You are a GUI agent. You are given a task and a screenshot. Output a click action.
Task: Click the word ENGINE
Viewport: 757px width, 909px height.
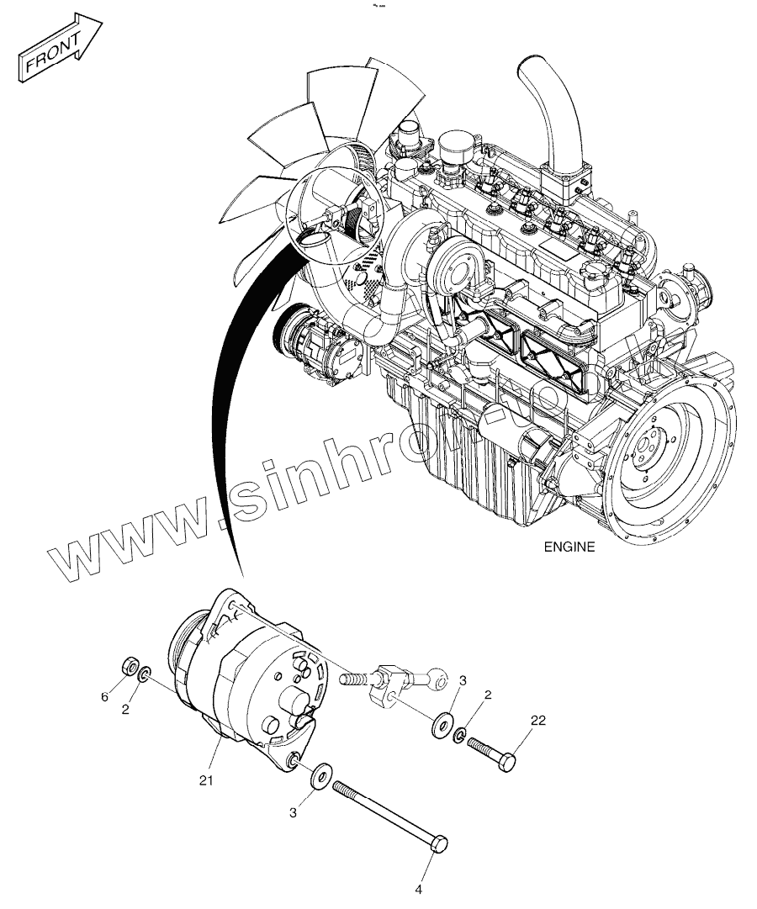pos(569,547)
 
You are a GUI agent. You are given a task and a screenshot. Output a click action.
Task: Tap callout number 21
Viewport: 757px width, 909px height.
pos(207,780)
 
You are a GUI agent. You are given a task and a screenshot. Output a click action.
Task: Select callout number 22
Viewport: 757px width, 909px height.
pos(537,720)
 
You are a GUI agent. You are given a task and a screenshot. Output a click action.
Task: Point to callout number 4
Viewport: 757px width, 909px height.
pos(418,888)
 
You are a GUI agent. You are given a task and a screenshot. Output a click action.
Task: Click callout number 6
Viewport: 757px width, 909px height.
pos(105,697)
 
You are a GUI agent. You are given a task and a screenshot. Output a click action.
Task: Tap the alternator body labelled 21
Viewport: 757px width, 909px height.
pos(252,673)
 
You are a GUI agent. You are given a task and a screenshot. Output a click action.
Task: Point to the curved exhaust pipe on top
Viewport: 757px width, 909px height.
pos(551,118)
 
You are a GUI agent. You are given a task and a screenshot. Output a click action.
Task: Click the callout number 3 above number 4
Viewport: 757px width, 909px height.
pos(293,812)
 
